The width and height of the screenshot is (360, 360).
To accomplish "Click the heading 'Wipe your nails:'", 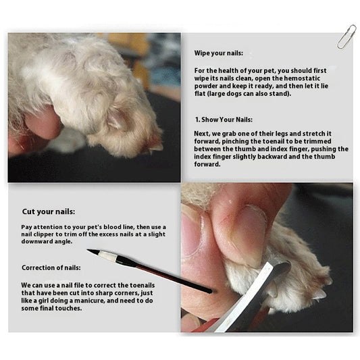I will [218, 53].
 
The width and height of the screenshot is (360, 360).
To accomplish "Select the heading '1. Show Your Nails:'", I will [224, 120].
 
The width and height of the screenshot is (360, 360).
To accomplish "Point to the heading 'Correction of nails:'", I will [51, 267].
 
